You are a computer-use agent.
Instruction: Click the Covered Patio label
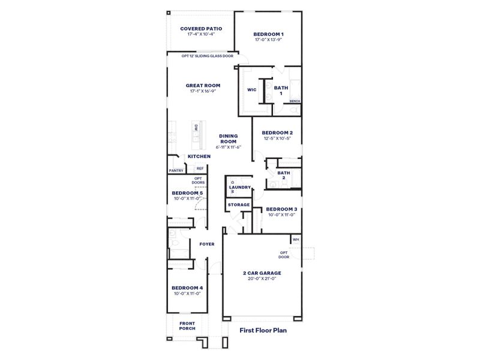201,28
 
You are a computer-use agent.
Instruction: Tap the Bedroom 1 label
268,34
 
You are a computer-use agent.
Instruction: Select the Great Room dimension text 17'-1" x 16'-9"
203,91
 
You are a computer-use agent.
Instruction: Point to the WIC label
252,90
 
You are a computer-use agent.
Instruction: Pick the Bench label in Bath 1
295,101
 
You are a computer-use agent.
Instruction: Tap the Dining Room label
228,139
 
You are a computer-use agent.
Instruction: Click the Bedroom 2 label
277,132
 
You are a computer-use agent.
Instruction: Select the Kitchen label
199,157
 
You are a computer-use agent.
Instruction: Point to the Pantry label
176,170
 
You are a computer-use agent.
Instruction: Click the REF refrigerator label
200,169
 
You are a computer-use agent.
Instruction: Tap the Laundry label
240,187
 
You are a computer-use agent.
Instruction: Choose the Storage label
239,205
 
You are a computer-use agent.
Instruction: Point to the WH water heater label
295,239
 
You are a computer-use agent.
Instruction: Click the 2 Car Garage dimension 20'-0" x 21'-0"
262,278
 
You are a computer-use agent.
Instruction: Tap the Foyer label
207,244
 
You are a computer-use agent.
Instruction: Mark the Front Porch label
187,326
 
